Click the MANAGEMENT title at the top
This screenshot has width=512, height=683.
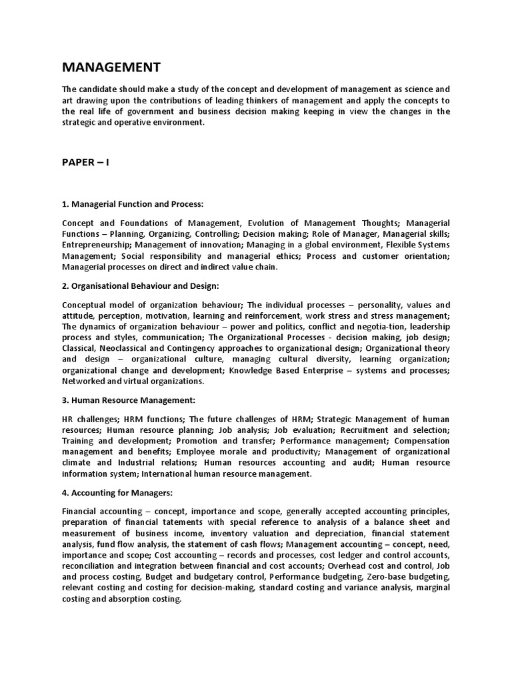[111, 67]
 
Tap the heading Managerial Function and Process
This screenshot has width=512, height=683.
[133, 203]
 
